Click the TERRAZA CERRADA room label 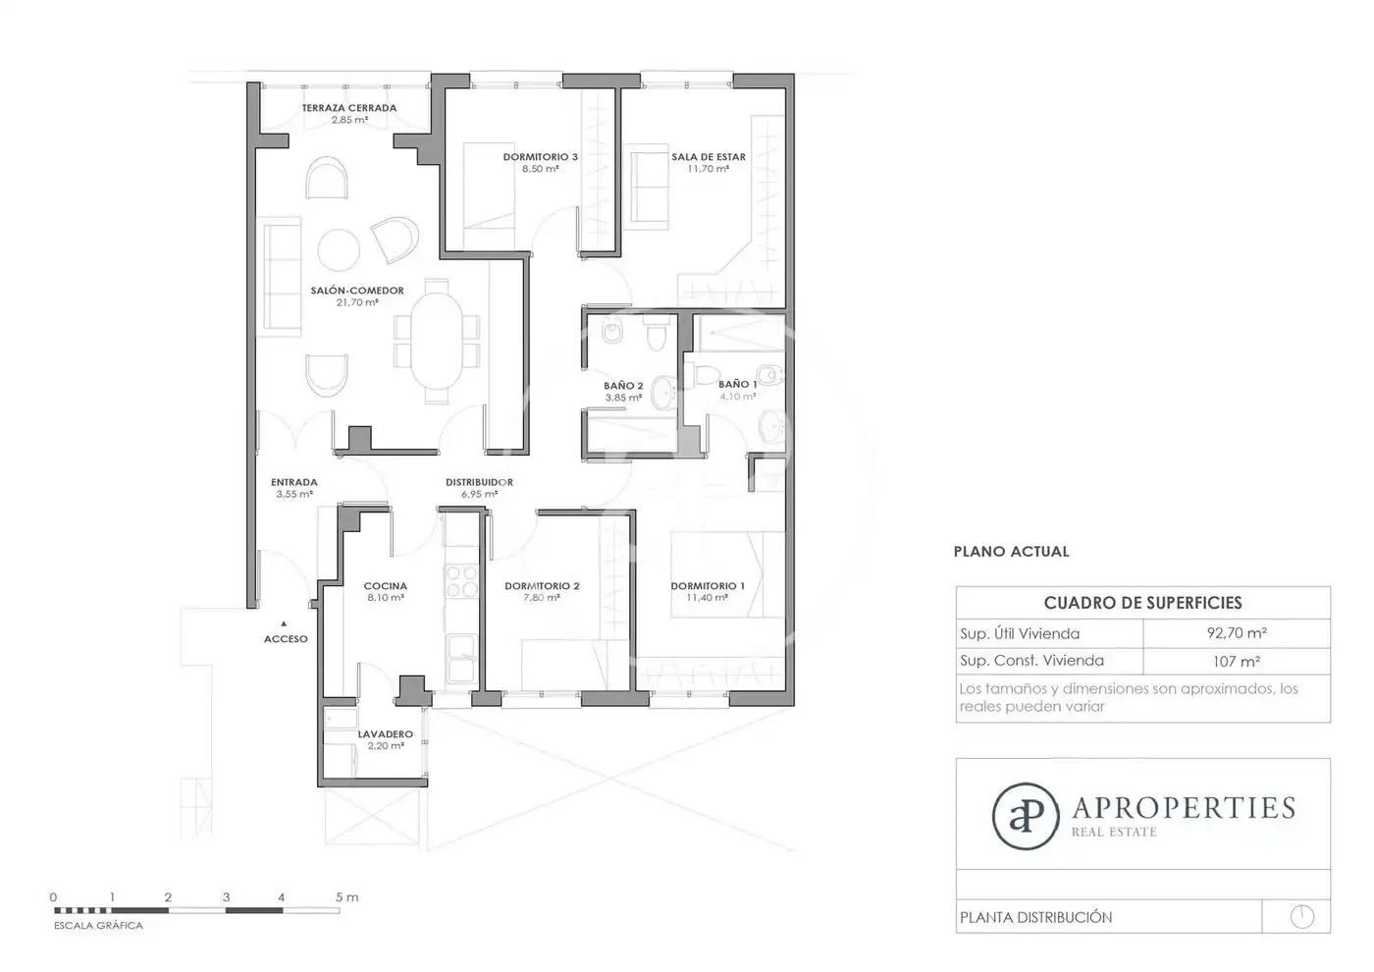tap(349, 108)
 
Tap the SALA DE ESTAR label tap(709, 157)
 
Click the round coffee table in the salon tap(339, 250)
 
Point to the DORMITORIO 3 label tap(541, 157)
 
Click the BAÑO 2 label tap(623, 386)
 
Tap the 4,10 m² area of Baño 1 tap(738, 397)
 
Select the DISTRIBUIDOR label tap(479, 482)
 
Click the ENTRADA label tap(294, 482)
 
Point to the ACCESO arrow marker tap(284, 623)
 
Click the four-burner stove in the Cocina tap(461, 581)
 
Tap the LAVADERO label tap(385, 734)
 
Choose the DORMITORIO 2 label tap(542, 586)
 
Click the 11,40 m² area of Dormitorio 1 tap(708, 598)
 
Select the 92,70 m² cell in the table tap(1237, 632)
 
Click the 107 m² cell tap(1237, 662)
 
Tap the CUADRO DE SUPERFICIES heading tap(1142, 603)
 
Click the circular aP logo tap(1026, 816)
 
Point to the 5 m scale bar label tap(346, 897)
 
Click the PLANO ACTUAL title tap(1011, 552)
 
